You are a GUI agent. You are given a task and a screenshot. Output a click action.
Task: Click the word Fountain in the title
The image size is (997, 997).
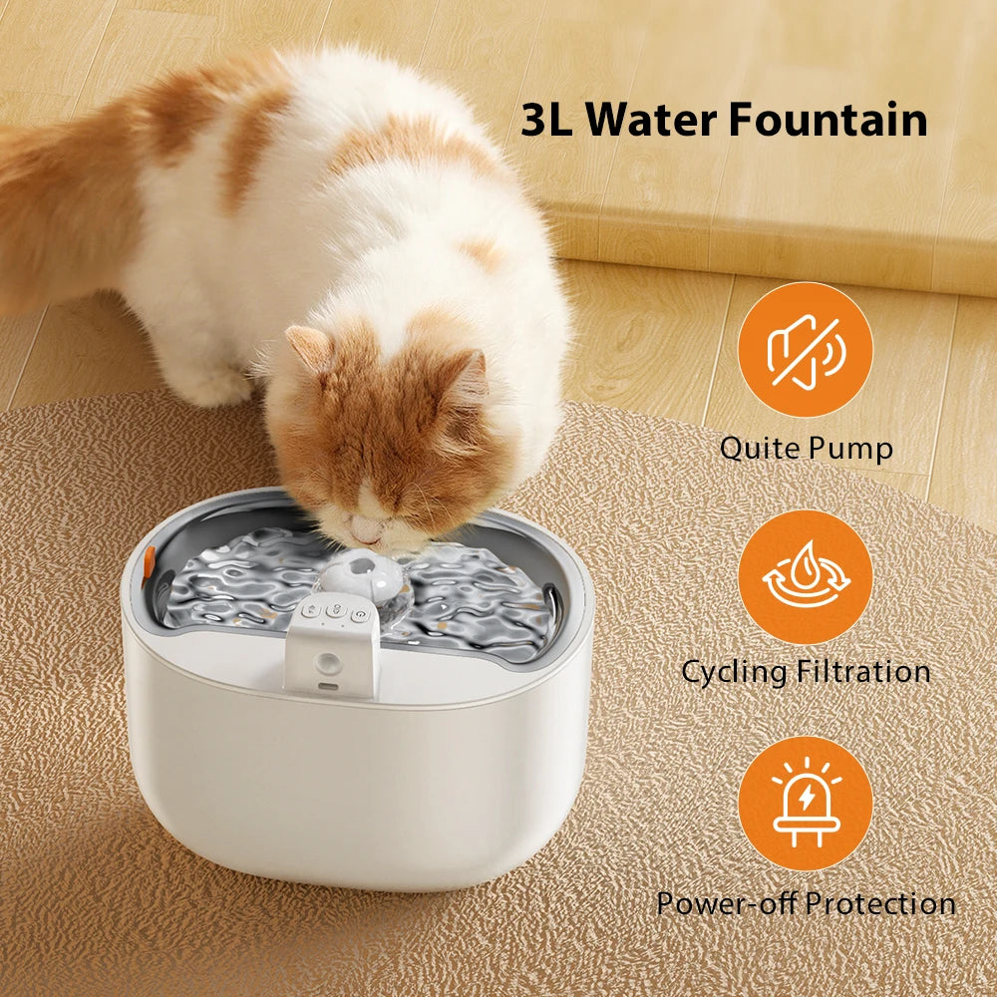(x=828, y=120)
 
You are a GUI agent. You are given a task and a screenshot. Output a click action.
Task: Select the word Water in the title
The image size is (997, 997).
(x=650, y=120)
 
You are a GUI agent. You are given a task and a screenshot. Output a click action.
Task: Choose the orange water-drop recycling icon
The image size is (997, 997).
(x=805, y=576)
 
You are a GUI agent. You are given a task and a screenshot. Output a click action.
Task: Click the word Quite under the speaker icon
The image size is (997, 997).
(x=762, y=447)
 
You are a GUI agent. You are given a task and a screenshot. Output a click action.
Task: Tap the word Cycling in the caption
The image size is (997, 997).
(x=734, y=671)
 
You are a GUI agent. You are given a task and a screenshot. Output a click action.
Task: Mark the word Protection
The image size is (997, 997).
(x=879, y=903)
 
